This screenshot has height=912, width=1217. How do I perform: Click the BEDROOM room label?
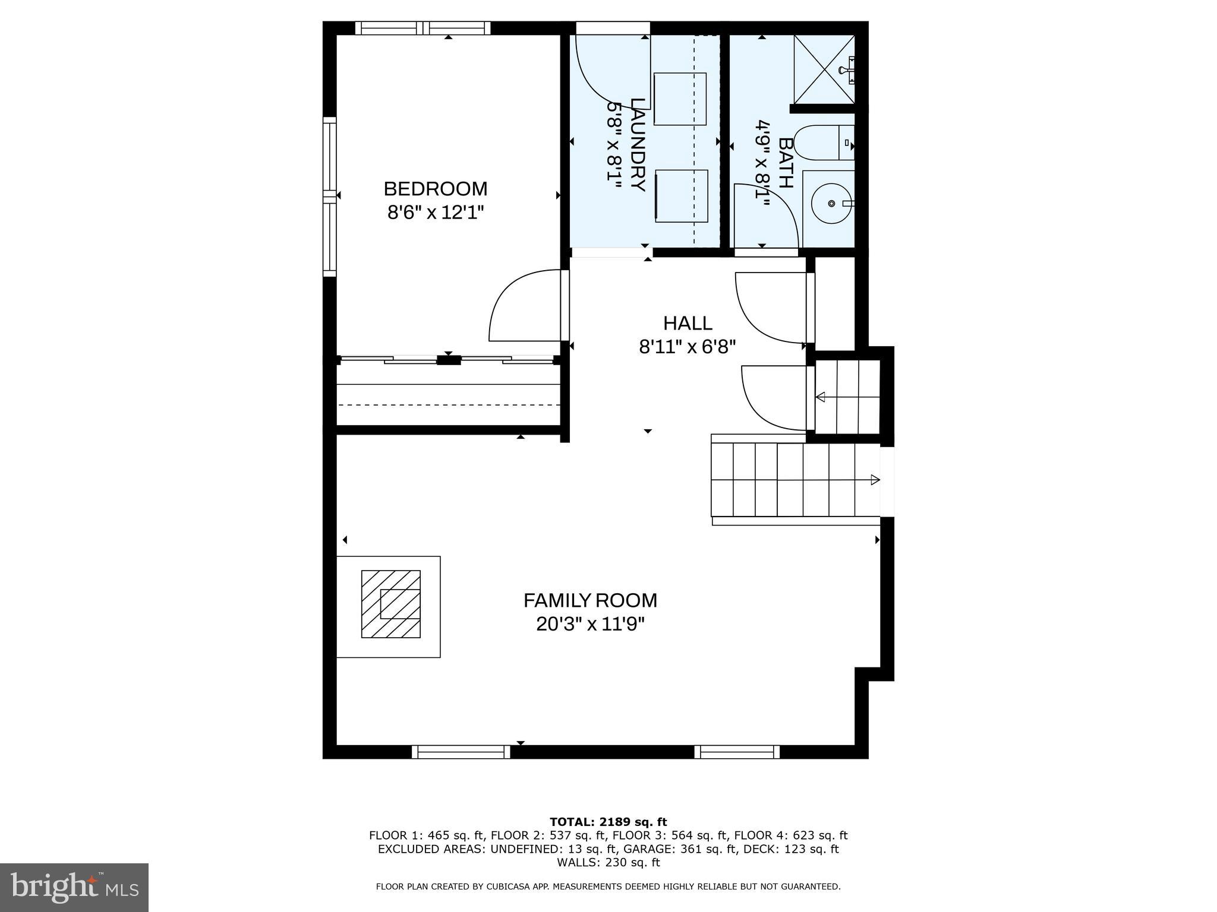(435, 189)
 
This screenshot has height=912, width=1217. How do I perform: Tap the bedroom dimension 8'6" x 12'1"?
(436, 213)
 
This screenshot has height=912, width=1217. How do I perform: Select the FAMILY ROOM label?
(590, 600)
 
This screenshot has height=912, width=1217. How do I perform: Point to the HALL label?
(688, 323)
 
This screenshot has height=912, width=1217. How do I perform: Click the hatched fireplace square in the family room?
(391, 604)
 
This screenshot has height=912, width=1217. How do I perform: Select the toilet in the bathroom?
(823, 142)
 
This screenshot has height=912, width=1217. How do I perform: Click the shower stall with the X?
(824, 69)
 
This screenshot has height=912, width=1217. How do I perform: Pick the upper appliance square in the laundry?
(680, 99)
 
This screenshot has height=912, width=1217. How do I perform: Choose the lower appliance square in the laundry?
(682, 196)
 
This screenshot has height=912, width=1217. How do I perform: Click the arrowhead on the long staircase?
(875, 480)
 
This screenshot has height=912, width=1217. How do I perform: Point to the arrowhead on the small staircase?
(821, 397)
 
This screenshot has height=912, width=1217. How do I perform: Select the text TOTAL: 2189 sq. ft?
(608, 822)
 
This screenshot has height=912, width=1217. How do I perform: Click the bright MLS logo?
(74, 887)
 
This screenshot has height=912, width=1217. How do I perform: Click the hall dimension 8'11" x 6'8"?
(688, 347)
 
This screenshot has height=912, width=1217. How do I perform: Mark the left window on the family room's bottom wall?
(461, 752)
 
